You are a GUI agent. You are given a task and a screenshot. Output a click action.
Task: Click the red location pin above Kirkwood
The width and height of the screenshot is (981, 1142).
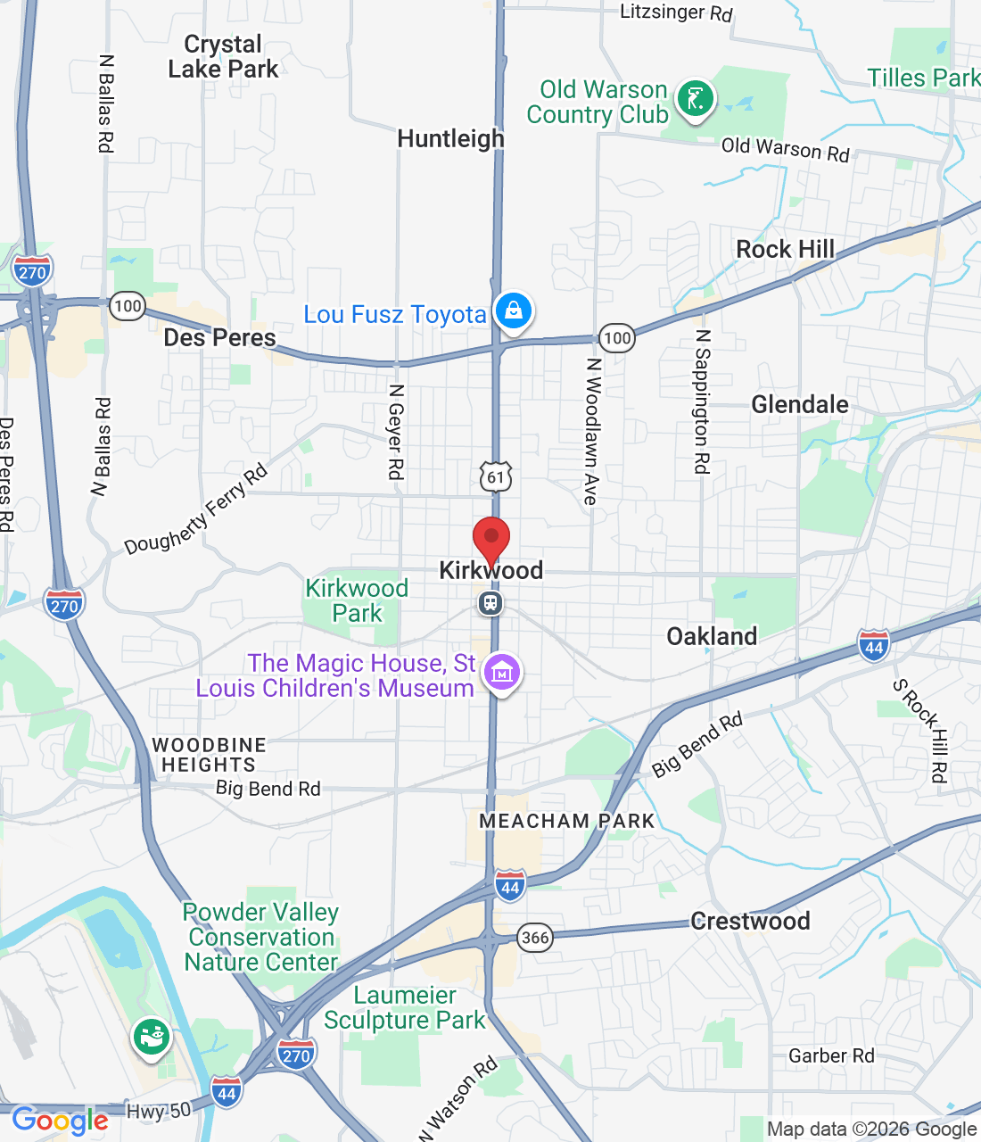click(490, 539)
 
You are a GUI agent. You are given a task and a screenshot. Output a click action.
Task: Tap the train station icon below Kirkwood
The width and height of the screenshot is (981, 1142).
click(490, 604)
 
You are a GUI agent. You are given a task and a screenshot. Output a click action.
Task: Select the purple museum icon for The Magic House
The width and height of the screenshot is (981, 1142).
click(502, 672)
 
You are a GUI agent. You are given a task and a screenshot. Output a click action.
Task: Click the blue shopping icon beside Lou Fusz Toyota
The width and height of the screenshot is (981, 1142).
click(513, 311)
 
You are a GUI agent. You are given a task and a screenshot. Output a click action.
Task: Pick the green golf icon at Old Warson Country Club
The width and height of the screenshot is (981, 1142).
click(696, 98)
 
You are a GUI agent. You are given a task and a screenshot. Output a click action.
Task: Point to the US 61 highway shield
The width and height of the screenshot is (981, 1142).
click(496, 476)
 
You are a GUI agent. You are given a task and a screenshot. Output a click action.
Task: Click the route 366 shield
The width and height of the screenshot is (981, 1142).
click(535, 937)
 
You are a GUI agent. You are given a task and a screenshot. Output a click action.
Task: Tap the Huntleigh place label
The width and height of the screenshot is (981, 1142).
click(450, 139)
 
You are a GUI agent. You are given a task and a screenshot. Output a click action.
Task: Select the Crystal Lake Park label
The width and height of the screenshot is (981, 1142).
click(223, 57)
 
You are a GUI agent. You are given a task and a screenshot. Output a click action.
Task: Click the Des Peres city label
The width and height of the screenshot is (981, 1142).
click(219, 338)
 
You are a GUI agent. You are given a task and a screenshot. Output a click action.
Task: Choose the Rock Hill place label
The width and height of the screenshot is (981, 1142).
click(785, 250)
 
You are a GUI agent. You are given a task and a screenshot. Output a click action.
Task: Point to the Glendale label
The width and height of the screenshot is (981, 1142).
click(800, 405)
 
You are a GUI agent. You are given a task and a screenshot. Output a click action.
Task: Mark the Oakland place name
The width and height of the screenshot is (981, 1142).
click(712, 636)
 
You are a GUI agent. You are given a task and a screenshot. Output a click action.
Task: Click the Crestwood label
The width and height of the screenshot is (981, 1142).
click(750, 921)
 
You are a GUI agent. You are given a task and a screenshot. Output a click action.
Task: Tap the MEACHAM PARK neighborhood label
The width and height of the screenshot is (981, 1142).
click(567, 822)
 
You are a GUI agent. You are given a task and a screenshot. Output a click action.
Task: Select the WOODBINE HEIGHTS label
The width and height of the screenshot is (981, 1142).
click(209, 755)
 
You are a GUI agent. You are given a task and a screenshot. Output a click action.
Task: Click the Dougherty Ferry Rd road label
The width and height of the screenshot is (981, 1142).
click(195, 509)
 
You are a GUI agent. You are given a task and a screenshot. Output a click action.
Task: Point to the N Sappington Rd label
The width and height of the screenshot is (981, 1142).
click(703, 401)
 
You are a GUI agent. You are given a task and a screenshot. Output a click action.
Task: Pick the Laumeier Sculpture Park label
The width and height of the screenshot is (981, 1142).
click(405, 1007)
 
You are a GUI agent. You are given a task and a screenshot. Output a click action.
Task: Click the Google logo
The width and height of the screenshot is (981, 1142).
click(60, 1121)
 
